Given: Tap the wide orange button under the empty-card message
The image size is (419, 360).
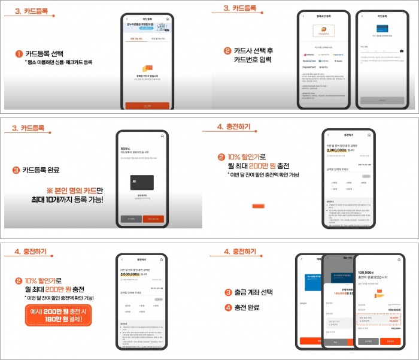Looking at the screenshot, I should (147, 105).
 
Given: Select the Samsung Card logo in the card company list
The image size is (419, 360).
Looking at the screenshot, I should (309, 60).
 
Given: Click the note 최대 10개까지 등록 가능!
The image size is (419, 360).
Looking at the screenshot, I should (66, 199).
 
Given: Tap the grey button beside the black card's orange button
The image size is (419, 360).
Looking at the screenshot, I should (130, 219).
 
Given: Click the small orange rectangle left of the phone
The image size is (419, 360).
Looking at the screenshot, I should (258, 205).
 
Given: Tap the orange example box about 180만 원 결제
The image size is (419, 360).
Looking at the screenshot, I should (58, 314).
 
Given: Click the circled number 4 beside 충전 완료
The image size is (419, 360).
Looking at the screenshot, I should (229, 308).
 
